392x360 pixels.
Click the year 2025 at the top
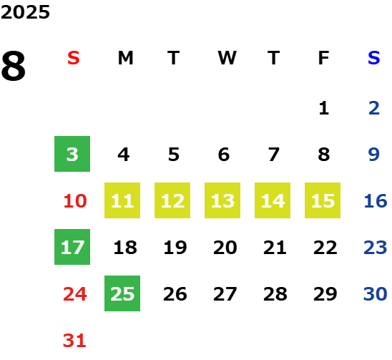point(25,12)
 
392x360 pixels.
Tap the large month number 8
point(14,66)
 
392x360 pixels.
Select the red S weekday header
point(74,58)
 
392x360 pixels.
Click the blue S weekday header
point(373,58)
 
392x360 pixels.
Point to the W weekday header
point(227,58)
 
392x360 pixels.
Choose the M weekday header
point(125,58)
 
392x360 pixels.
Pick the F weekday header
point(323,58)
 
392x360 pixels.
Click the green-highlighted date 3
point(72,154)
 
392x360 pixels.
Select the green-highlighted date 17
point(72,247)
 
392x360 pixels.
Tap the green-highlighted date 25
point(122,293)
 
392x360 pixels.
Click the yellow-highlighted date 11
point(122,200)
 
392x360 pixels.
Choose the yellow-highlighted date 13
point(222,200)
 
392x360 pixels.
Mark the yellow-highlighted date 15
point(323,200)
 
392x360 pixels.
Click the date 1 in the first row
point(324,108)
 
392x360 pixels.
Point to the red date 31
point(74,341)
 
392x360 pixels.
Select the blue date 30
point(375,293)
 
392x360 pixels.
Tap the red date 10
point(75,200)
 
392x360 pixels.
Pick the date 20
point(225,248)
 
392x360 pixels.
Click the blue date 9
point(373,155)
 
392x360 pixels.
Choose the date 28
point(275,294)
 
